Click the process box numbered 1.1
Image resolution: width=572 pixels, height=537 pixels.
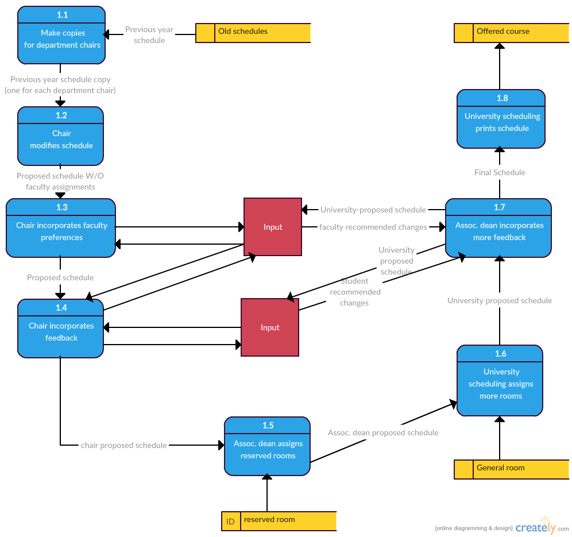[x=61, y=36]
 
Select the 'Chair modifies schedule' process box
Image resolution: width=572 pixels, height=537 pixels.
[x=61, y=136]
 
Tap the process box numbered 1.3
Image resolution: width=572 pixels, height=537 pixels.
[x=61, y=228]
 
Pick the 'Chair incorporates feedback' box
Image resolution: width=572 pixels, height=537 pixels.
[x=61, y=329]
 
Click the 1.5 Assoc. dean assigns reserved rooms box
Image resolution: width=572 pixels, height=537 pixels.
[x=268, y=446]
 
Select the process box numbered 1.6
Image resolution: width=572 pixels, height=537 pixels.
[x=500, y=380]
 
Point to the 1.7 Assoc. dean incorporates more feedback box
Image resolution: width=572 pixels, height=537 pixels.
[x=498, y=228]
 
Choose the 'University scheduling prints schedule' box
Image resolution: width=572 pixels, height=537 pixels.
[x=501, y=119]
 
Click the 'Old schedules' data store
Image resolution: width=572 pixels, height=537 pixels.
[x=253, y=33]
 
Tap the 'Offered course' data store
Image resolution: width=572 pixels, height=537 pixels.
[x=512, y=33]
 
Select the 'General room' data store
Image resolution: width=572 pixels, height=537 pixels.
[x=512, y=469]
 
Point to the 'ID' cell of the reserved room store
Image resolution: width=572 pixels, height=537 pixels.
[x=230, y=521]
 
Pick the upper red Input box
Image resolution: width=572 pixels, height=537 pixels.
[x=273, y=227]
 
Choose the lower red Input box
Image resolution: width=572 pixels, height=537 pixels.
[x=270, y=327]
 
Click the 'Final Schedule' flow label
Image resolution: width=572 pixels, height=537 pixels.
[x=500, y=172]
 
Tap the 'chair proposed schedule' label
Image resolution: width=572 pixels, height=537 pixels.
[x=123, y=445]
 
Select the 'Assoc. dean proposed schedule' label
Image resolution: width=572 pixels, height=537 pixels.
[x=383, y=432]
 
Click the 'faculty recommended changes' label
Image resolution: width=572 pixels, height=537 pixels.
[x=373, y=227]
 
